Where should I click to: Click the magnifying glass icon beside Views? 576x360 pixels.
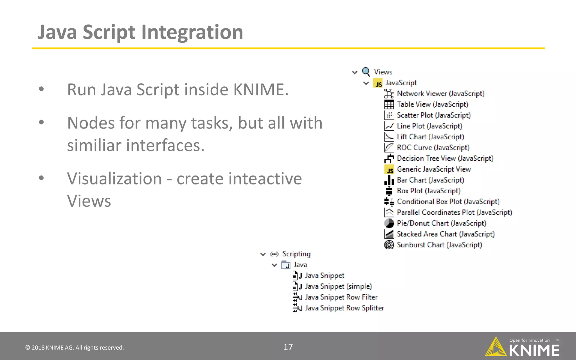[x=366, y=72]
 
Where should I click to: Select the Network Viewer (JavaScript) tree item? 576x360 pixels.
[x=440, y=93]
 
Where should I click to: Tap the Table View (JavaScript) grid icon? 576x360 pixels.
[x=389, y=105]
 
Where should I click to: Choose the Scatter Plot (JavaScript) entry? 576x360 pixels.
[x=433, y=115]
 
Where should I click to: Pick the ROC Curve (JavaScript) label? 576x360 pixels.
[x=433, y=148]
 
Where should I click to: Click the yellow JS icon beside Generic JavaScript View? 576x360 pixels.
[x=389, y=169]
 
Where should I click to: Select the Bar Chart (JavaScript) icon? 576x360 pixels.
[x=389, y=180]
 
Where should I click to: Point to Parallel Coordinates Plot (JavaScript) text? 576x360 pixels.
[x=454, y=212]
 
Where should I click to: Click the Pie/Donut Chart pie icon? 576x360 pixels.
[x=389, y=223]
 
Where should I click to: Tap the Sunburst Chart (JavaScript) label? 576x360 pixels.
[x=439, y=245]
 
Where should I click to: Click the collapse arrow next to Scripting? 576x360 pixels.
[x=263, y=254]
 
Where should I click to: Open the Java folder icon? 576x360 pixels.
[x=286, y=265]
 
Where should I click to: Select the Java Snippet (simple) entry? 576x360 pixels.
[x=338, y=286]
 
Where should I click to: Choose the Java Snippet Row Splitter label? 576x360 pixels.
[x=344, y=308]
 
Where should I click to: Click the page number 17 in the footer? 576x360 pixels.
[x=288, y=347]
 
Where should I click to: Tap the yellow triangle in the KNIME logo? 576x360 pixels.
[x=496, y=348]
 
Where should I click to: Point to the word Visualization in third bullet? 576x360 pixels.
[x=114, y=179]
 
